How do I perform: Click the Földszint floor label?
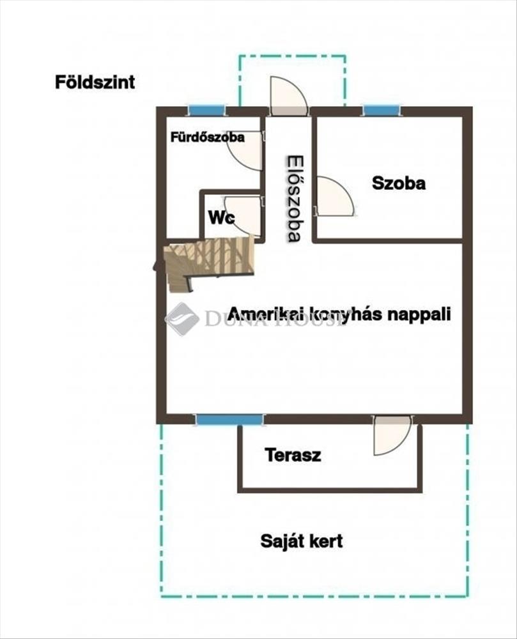click(95, 82)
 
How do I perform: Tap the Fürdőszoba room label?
click(207, 137)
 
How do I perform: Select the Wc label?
click(222, 218)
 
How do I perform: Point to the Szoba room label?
click(399, 183)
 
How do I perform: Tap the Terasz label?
click(293, 455)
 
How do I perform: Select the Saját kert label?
click(302, 541)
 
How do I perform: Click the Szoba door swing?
click(336, 196)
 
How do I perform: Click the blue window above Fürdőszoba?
click(207, 110)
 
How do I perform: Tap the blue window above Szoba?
click(382, 110)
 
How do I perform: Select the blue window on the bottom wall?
click(229, 420)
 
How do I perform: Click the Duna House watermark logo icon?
click(182, 319)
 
